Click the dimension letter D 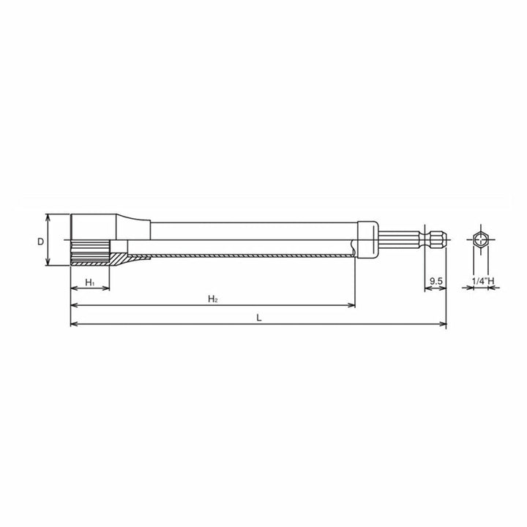pos(41,241)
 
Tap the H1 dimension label pos(89,282)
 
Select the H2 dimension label pos(212,299)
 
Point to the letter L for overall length pos(258,317)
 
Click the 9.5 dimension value pos(436,281)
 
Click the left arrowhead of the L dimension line pos(73,324)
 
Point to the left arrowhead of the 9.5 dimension pos(428,288)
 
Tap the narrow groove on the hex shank pos(427,241)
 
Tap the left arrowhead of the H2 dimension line pos(73,305)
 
